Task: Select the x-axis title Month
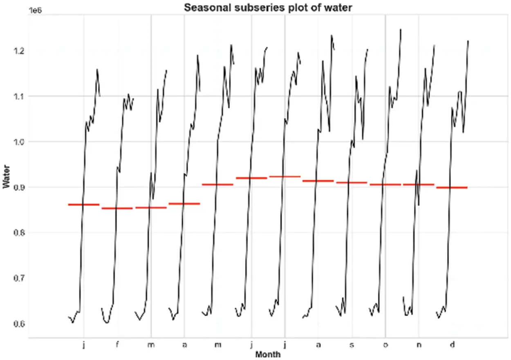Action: [268, 354]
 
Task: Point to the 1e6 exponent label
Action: [36, 11]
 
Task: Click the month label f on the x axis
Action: [117, 345]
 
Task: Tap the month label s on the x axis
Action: [352, 345]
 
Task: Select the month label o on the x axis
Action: [385, 345]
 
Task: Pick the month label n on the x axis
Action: [419, 345]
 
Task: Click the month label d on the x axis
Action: [452, 345]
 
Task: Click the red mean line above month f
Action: [117, 208]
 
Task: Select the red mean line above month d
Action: [452, 187]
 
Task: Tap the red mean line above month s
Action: [352, 182]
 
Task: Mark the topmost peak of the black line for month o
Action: [401, 29]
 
